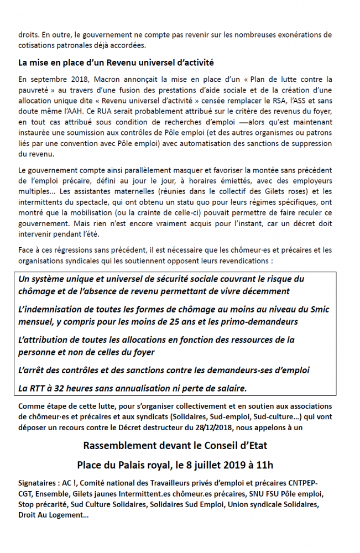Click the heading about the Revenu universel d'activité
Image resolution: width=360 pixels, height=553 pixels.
tap(116, 62)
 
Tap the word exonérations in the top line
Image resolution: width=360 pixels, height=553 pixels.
tap(293, 34)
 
